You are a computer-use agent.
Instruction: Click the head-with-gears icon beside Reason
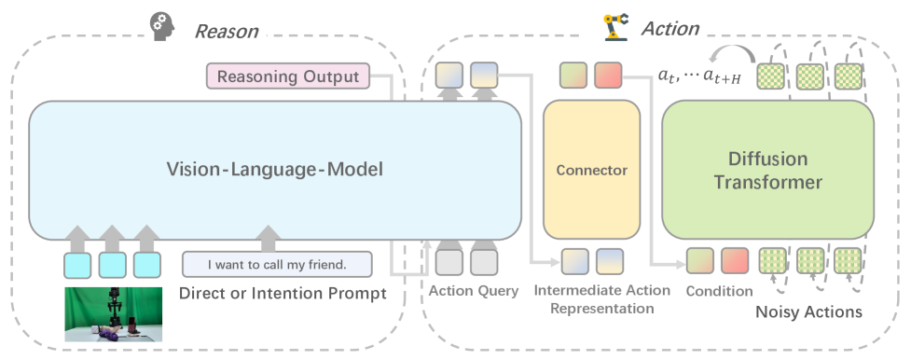(162, 26)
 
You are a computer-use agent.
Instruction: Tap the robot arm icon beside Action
(615, 27)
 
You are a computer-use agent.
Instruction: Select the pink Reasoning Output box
(288, 76)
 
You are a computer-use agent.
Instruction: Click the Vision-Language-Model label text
(275, 169)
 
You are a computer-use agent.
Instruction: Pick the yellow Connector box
(591, 169)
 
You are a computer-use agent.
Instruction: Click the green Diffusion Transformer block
(767, 169)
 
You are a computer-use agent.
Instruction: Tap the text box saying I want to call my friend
(277, 265)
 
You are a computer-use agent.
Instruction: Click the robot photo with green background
(114, 314)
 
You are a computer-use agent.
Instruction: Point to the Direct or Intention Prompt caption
(283, 293)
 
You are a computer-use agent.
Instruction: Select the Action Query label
(474, 290)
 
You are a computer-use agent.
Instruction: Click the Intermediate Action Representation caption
(602, 299)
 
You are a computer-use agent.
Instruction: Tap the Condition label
(719, 291)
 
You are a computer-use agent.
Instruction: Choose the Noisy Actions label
(808, 312)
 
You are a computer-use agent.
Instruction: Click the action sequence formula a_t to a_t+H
(699, 76)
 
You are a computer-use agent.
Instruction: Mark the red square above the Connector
(608, 76)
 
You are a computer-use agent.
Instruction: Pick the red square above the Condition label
(735, 260)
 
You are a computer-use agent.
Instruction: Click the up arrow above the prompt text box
(269, 239)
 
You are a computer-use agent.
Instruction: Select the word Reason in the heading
(226, 31)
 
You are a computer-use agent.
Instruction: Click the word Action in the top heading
(669, 29)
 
